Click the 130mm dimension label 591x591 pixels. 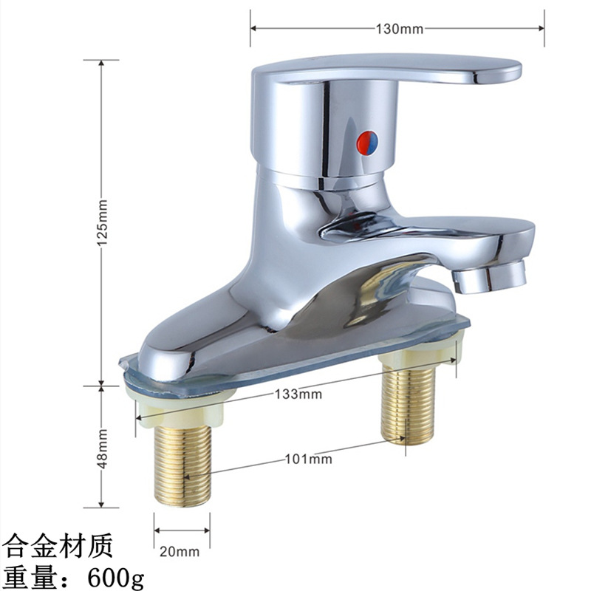pos(400,29)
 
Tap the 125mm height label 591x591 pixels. pos(102,223)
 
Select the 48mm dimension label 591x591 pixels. pos(102,448)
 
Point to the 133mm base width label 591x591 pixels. pos(298,394)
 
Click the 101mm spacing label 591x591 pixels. pos(308,459)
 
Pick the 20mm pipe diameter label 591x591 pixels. pos(180,552)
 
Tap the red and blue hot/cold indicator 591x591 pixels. pos(367,143)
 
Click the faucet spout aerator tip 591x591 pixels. pos(489,276)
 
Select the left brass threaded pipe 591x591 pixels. pos(182,465)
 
